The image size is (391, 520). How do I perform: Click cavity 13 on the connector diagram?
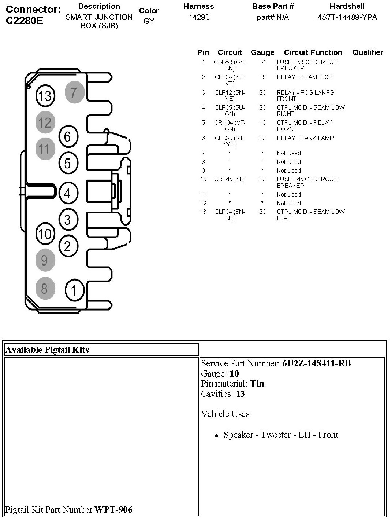coord(45,96)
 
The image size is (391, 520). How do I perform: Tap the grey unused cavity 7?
coord(74,92)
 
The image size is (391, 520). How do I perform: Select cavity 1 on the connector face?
coord(74,290)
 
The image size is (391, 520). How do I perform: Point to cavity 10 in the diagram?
coord(45,234)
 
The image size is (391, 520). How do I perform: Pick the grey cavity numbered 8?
coord(45,289)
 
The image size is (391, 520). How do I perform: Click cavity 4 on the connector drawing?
coord(68,193)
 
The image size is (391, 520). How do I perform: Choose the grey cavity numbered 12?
coord(45,122)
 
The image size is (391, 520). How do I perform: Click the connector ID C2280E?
coord(25,21)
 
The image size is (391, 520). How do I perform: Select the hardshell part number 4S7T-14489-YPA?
coord(347,17)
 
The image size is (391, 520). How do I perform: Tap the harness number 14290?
coord(199,17)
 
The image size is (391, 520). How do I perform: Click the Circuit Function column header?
coord(313,52)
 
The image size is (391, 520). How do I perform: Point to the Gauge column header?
coord(262,52)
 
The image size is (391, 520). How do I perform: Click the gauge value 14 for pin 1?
coord(262,62)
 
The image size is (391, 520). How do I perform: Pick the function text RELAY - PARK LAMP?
coord(305,138)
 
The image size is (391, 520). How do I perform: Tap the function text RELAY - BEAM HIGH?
coord(305,77)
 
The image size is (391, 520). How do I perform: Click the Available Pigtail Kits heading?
coord(47,350)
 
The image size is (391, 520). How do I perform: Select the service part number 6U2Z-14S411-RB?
coord(316,363)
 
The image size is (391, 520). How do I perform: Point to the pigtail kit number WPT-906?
coord(113,509)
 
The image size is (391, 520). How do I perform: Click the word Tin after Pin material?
coord(257,384)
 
